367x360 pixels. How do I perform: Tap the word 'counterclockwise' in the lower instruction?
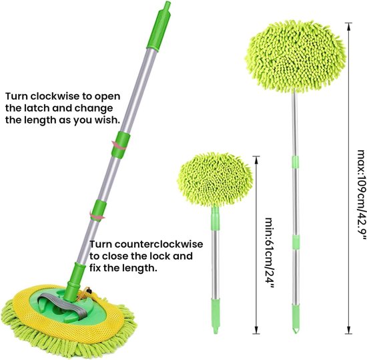coord(159,244)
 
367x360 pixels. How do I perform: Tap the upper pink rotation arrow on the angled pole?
coord(119,145)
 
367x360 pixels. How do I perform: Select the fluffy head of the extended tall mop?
coord(296,57)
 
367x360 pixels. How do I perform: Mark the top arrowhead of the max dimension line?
coord(349,27)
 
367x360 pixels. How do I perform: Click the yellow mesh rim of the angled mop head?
coord(68,330)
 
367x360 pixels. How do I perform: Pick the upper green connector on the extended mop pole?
coord(296,162)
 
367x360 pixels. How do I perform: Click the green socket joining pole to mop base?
coord(75,281)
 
